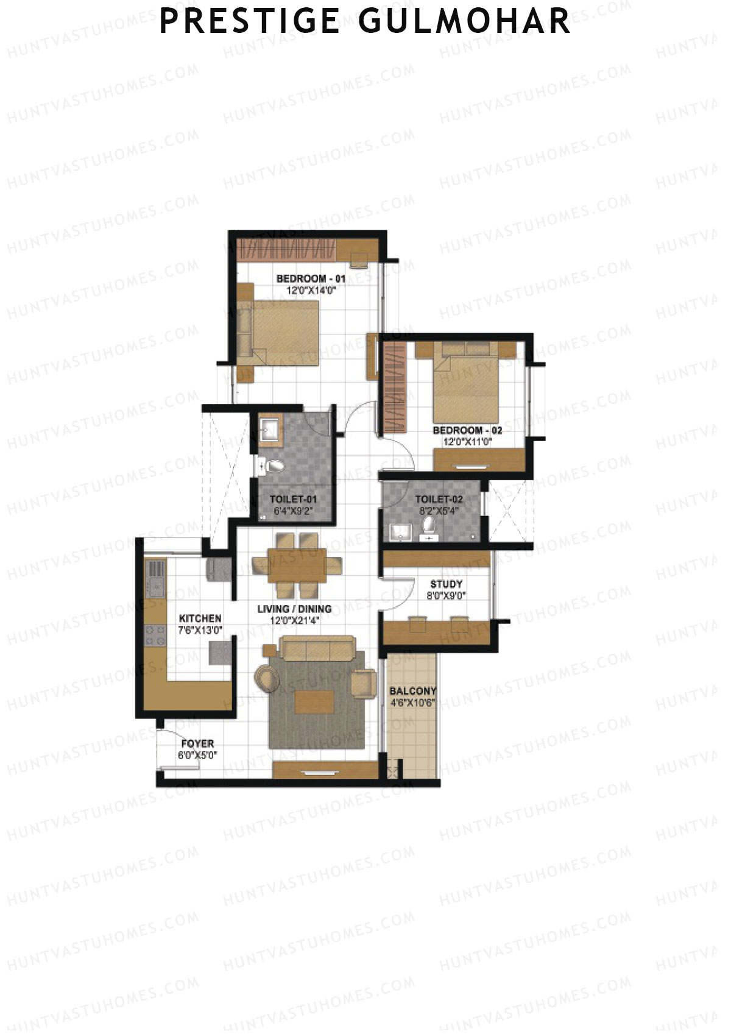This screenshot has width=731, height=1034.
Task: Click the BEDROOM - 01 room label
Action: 311,279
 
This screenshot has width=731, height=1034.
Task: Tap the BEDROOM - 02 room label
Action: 467,431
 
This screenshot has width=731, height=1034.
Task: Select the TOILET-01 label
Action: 293,500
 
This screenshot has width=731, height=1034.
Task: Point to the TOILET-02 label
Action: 439,500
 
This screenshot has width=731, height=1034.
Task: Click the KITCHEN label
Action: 200,618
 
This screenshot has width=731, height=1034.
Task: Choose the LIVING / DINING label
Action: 294,609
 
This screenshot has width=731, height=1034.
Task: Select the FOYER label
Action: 197,744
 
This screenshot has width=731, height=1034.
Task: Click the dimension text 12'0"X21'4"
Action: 294,620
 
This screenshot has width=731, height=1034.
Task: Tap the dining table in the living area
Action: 297,565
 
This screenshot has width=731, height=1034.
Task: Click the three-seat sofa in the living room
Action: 318,649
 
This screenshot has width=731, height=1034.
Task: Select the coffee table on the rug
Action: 314,702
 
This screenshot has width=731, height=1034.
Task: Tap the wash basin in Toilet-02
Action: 400,532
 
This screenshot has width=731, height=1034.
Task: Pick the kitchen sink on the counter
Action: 154,589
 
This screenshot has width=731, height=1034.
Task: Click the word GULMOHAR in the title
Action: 464,22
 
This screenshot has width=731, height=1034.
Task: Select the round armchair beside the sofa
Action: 266,677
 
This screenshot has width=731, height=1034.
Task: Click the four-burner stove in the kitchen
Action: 155,636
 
